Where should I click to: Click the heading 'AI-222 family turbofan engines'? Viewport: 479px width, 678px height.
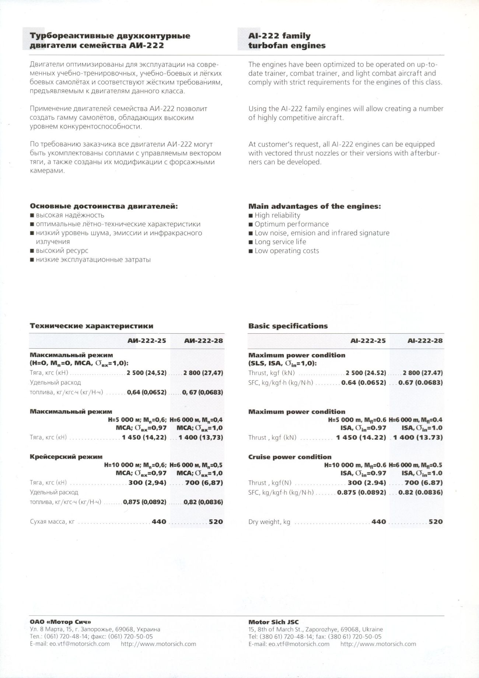(287, 41)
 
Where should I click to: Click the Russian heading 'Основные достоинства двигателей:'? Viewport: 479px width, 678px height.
(104, 206)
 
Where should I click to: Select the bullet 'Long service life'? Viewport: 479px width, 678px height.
(280, 242)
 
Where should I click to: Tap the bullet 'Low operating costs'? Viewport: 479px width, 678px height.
(287, 251)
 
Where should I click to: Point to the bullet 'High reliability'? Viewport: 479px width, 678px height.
(277, 215)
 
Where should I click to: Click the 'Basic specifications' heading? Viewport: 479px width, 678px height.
(288, 326)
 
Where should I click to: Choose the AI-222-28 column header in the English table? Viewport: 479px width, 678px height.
(425, 341)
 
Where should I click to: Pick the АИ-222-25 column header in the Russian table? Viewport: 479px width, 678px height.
(147, 341)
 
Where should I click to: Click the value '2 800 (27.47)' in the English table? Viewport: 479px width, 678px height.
(423, 373)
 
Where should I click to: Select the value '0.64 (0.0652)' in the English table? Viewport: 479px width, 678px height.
(364, 382)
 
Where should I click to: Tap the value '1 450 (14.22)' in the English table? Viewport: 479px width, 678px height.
(361, 438)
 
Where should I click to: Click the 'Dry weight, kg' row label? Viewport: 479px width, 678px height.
(269, 522)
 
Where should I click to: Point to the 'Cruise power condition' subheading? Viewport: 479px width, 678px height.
(290, 457)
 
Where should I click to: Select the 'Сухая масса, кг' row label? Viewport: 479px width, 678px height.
(52, 522)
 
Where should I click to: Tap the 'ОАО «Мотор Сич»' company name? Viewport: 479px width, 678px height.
(60, 622)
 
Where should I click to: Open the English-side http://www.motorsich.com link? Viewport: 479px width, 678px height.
(378, 644)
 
